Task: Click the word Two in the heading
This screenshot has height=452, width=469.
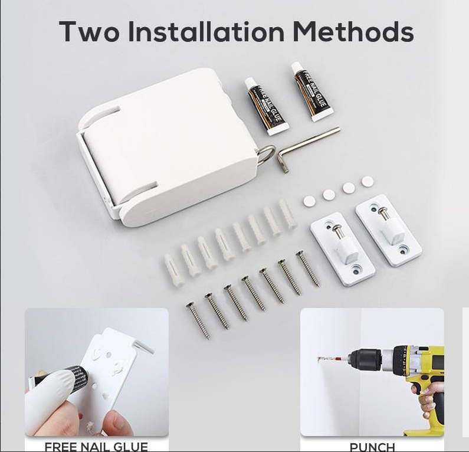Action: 89,32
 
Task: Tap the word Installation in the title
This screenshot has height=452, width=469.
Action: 206,31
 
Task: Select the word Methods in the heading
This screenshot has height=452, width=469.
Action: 353,31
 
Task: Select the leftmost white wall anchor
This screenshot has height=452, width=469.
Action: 173,270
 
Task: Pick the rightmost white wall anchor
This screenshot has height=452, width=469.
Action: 288,214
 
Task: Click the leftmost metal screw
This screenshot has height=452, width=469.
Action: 198,320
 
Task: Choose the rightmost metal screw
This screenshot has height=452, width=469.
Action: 307,268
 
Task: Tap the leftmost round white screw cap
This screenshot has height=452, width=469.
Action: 309,201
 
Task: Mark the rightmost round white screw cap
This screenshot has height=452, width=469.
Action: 368,181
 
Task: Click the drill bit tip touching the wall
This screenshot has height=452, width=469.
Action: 318,358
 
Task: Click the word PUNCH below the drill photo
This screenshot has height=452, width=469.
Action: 372,447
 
